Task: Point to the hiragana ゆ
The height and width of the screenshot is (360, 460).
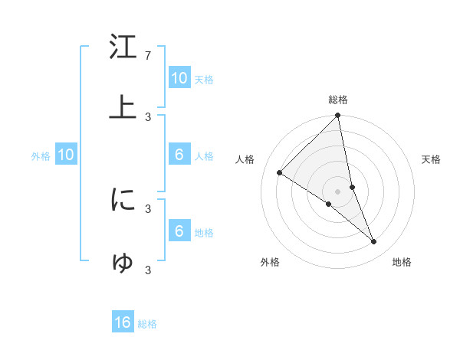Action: [123, 262]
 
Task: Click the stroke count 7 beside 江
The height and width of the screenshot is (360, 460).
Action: [148, 56]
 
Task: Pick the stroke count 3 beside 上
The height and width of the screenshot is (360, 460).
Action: [148, 116]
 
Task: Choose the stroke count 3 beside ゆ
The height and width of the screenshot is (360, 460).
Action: [148, 270]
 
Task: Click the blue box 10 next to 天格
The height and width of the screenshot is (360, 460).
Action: [179, 77]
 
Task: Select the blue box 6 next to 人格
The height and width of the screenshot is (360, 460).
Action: [179, 154]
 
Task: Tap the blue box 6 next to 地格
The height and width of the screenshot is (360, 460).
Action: [179, 231]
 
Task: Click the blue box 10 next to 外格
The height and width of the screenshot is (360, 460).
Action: [66, 155]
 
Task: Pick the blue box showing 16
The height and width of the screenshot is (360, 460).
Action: [123, 322]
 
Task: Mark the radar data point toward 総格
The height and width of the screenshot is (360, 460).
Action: [338, 116]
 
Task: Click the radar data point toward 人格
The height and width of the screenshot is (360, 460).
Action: [280, 173]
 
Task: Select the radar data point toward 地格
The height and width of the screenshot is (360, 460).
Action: [374, 242]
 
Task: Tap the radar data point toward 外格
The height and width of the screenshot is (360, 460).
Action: [328, 205]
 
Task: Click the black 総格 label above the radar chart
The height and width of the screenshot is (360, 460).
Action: [338, 100]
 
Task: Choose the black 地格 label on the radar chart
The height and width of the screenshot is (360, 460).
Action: [402, 262]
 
